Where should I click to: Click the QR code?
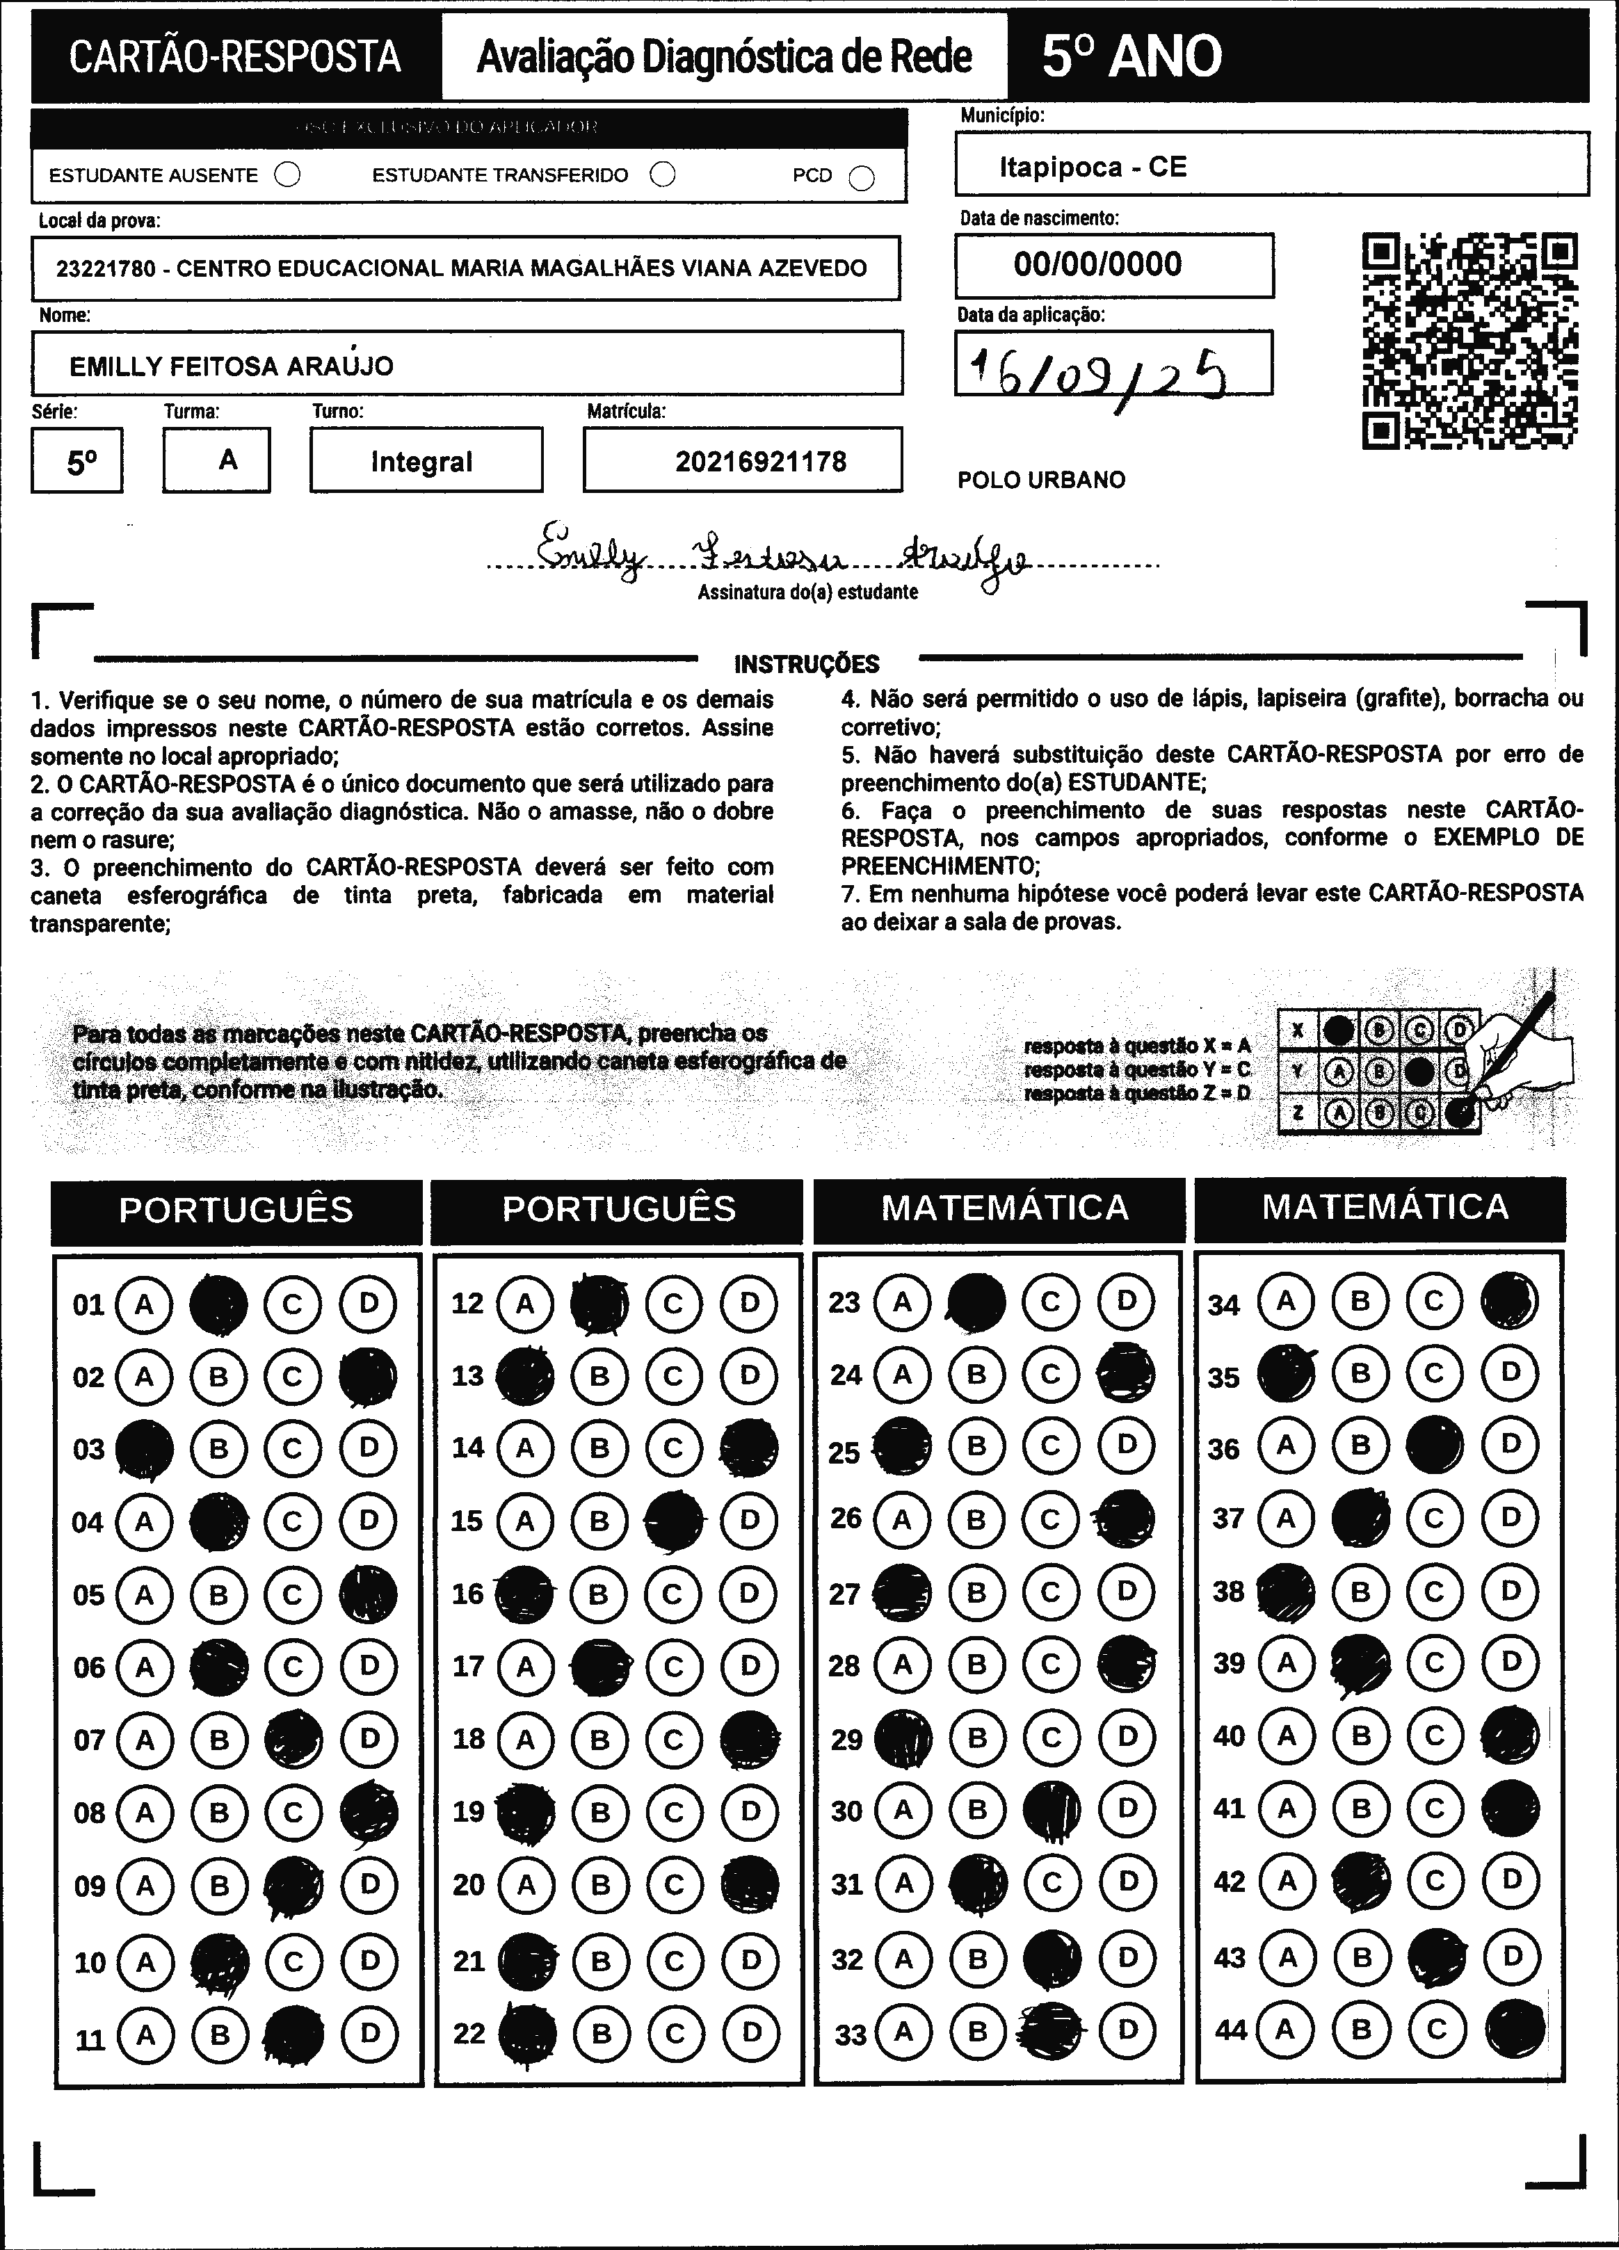pos(1470,340)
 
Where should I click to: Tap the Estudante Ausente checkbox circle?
pos(288,176)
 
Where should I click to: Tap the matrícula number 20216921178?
pos(761,461)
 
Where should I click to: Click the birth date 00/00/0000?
pos(1097,264)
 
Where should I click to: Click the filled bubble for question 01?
pos(218,1304)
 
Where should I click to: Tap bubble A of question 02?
pos(145,1377)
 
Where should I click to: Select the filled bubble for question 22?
pos(526,2033)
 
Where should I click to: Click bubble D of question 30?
pos(1127,1808)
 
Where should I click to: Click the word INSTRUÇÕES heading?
pos(807,664)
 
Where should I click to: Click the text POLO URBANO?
pos(1040,480)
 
